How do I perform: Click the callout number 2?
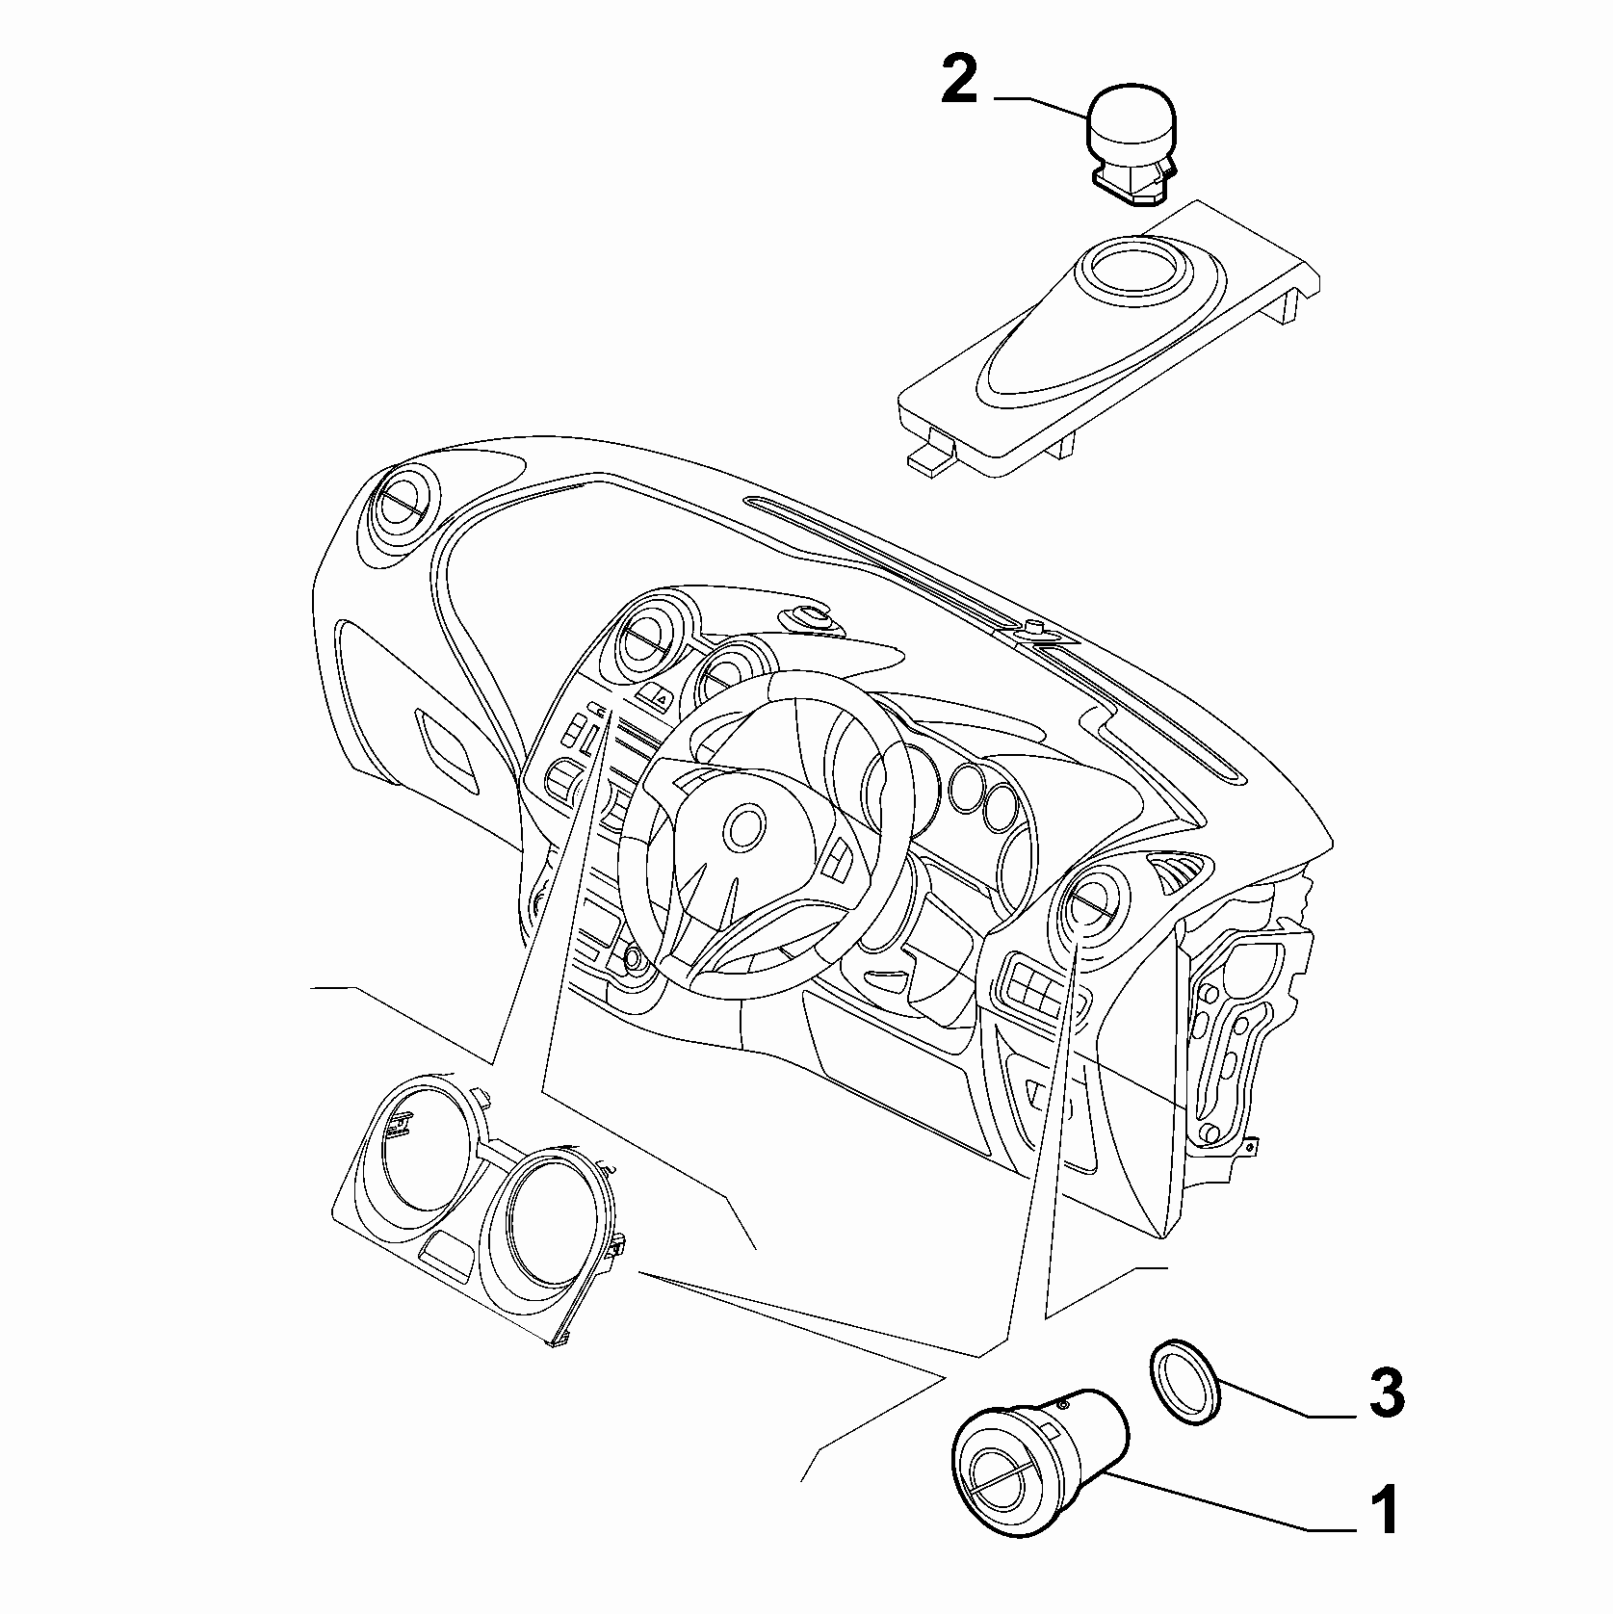coord(959,83)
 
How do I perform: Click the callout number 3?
coord(1386,1393)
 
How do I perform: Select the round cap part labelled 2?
coord(1133,146)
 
